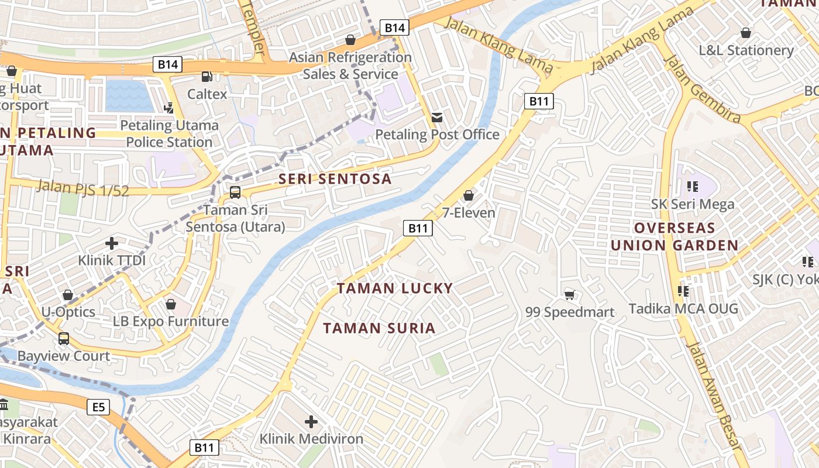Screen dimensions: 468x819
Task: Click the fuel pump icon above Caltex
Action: [x=207, y=76]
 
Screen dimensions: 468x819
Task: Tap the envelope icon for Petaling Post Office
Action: [x=436, y=117]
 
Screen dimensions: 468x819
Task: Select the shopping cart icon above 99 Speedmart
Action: [x=569, y=295]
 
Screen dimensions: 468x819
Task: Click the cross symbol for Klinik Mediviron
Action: [x=311, y=421]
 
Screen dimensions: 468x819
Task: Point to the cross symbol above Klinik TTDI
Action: [x=112, y=243]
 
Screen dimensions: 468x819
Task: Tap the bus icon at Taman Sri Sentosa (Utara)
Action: [x=235, y=192]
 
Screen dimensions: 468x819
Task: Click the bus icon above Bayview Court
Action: [x=64, y=338]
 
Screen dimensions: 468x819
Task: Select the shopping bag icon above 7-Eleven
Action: [x=469, y=195]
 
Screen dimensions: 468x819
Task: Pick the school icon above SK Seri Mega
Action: [x=693, y=187]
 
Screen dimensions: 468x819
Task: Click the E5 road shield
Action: [x=98, y=407]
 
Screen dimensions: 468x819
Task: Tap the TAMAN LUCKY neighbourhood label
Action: [x=395, y=288]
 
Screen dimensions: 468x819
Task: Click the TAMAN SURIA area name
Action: [x=380, y=328]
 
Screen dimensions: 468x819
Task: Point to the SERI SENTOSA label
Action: [x=335, y=179]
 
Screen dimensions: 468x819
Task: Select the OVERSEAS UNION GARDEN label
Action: [x=675, y=236]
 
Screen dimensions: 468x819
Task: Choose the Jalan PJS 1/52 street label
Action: [x=82, y=188]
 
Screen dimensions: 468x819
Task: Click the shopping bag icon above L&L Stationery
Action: [x=746, y=32]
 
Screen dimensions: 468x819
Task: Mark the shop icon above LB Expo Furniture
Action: [x=171, y=304]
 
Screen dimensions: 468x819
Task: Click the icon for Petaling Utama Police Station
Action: [x=169, y=108]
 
